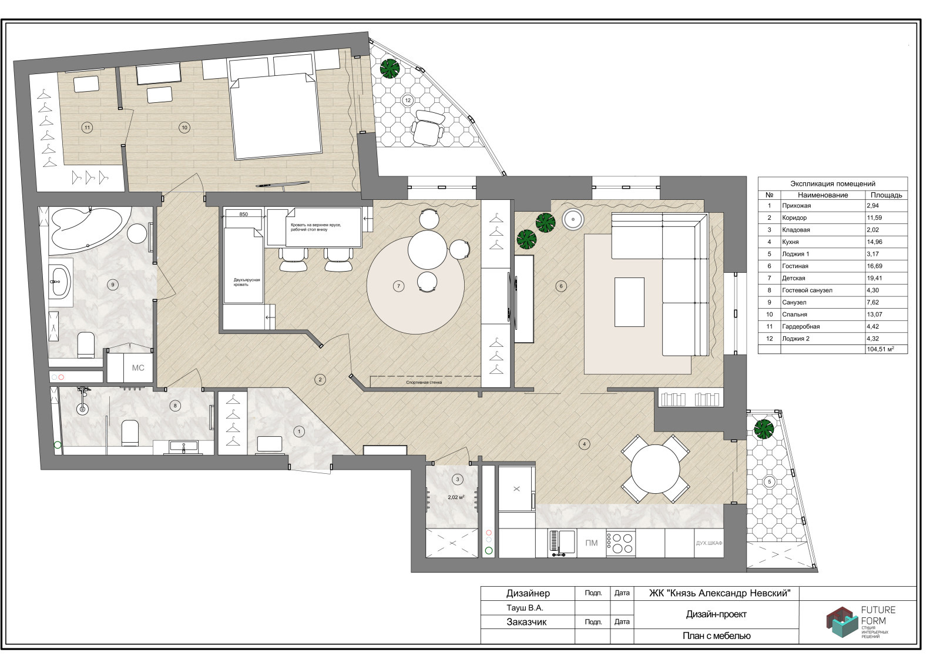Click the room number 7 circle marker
[x=398, y=286]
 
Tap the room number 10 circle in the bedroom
[x=184, y=127]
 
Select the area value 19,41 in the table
[x=875, y=278]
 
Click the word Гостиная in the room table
[x=795, y=266]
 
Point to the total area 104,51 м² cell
[x=881, y=349]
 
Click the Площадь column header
[x=887, y=195]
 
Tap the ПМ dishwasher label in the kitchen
[x=591, y=543]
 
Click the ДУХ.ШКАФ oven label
[x=709, y=543]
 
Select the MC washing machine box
[x=130, y=367]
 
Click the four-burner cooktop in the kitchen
[x=620, y=543]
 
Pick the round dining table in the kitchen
[x=655, y=470]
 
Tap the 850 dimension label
[x=243, y=214]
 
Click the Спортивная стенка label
[x=424, y=383]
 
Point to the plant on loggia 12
[x=390, y=68]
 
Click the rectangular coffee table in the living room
[x=629, y=302]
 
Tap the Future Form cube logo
[x=842, y=622]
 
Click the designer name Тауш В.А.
[x=525, y=608]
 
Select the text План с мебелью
[x=716, y=636]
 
